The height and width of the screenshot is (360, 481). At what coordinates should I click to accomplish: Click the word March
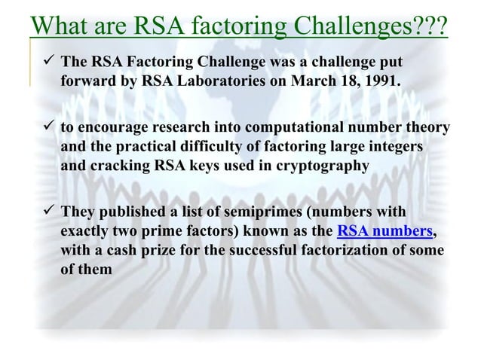[326, 79]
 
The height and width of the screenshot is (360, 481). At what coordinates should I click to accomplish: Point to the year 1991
[378, 79]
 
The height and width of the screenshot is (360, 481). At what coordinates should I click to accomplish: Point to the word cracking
[118, 165]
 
